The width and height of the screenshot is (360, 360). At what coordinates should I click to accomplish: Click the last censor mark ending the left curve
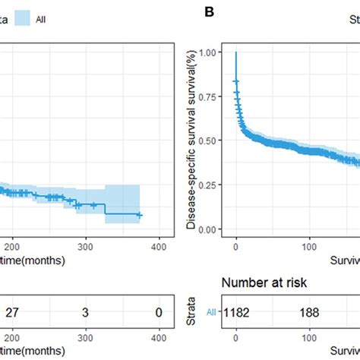coord(139,216)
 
